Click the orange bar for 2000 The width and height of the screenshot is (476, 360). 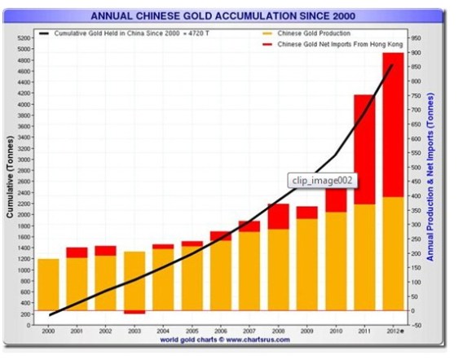click(x=49, y=284)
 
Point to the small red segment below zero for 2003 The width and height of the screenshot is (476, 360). click(x=135, y=312)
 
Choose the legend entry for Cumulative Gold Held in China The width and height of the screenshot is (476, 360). click(x=122, y=33)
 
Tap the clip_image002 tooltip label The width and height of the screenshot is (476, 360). click(x=322, y=181)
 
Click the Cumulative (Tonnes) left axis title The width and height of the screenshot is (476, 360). click(x=10, y=180)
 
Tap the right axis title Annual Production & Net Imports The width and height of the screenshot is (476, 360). click(x=445, y=181)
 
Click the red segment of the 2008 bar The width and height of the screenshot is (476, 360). click(x=278, y=216)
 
